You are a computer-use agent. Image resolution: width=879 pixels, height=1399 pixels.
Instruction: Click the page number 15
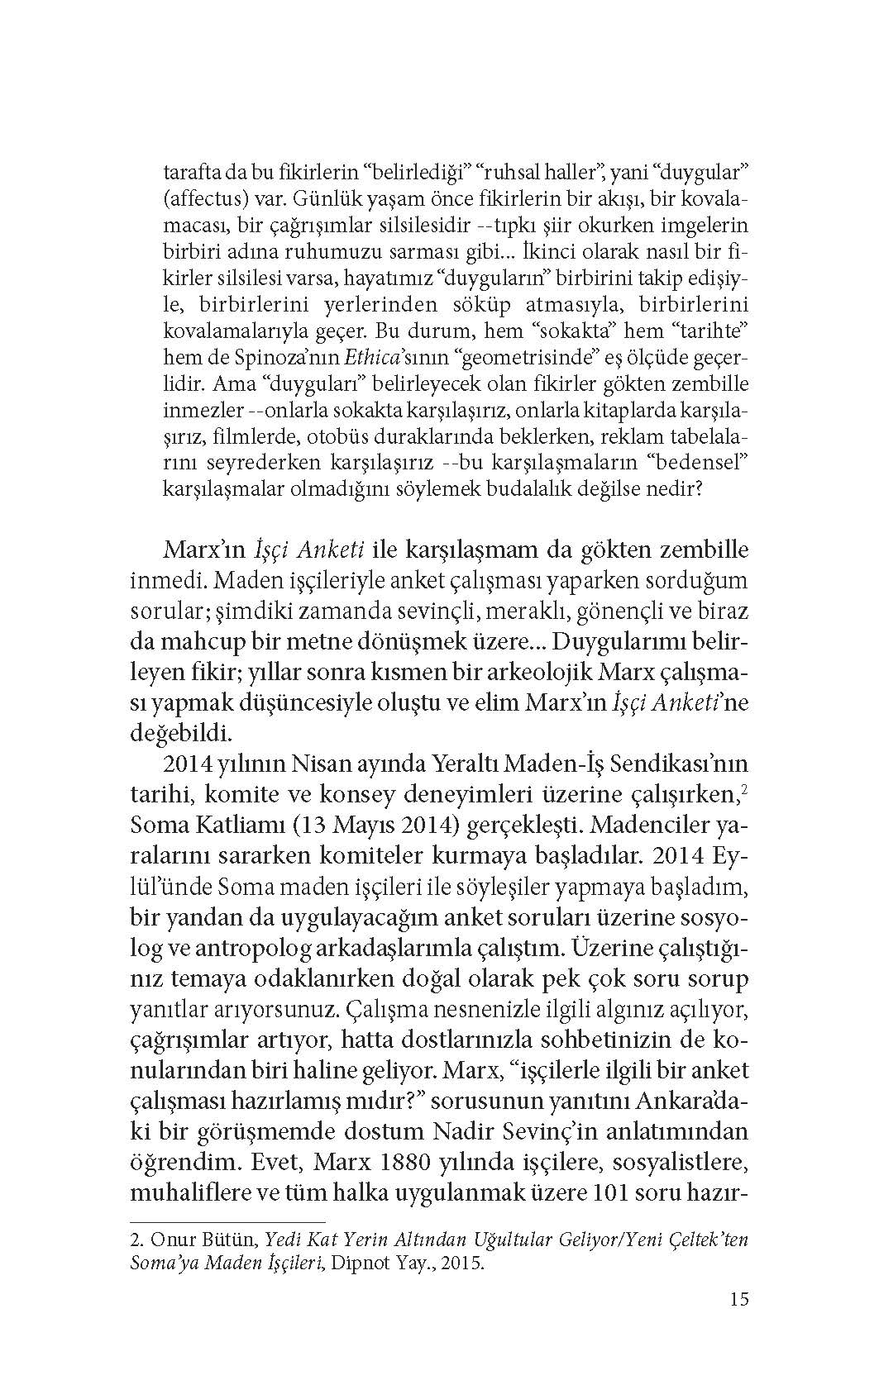(x=739, y=1299)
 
